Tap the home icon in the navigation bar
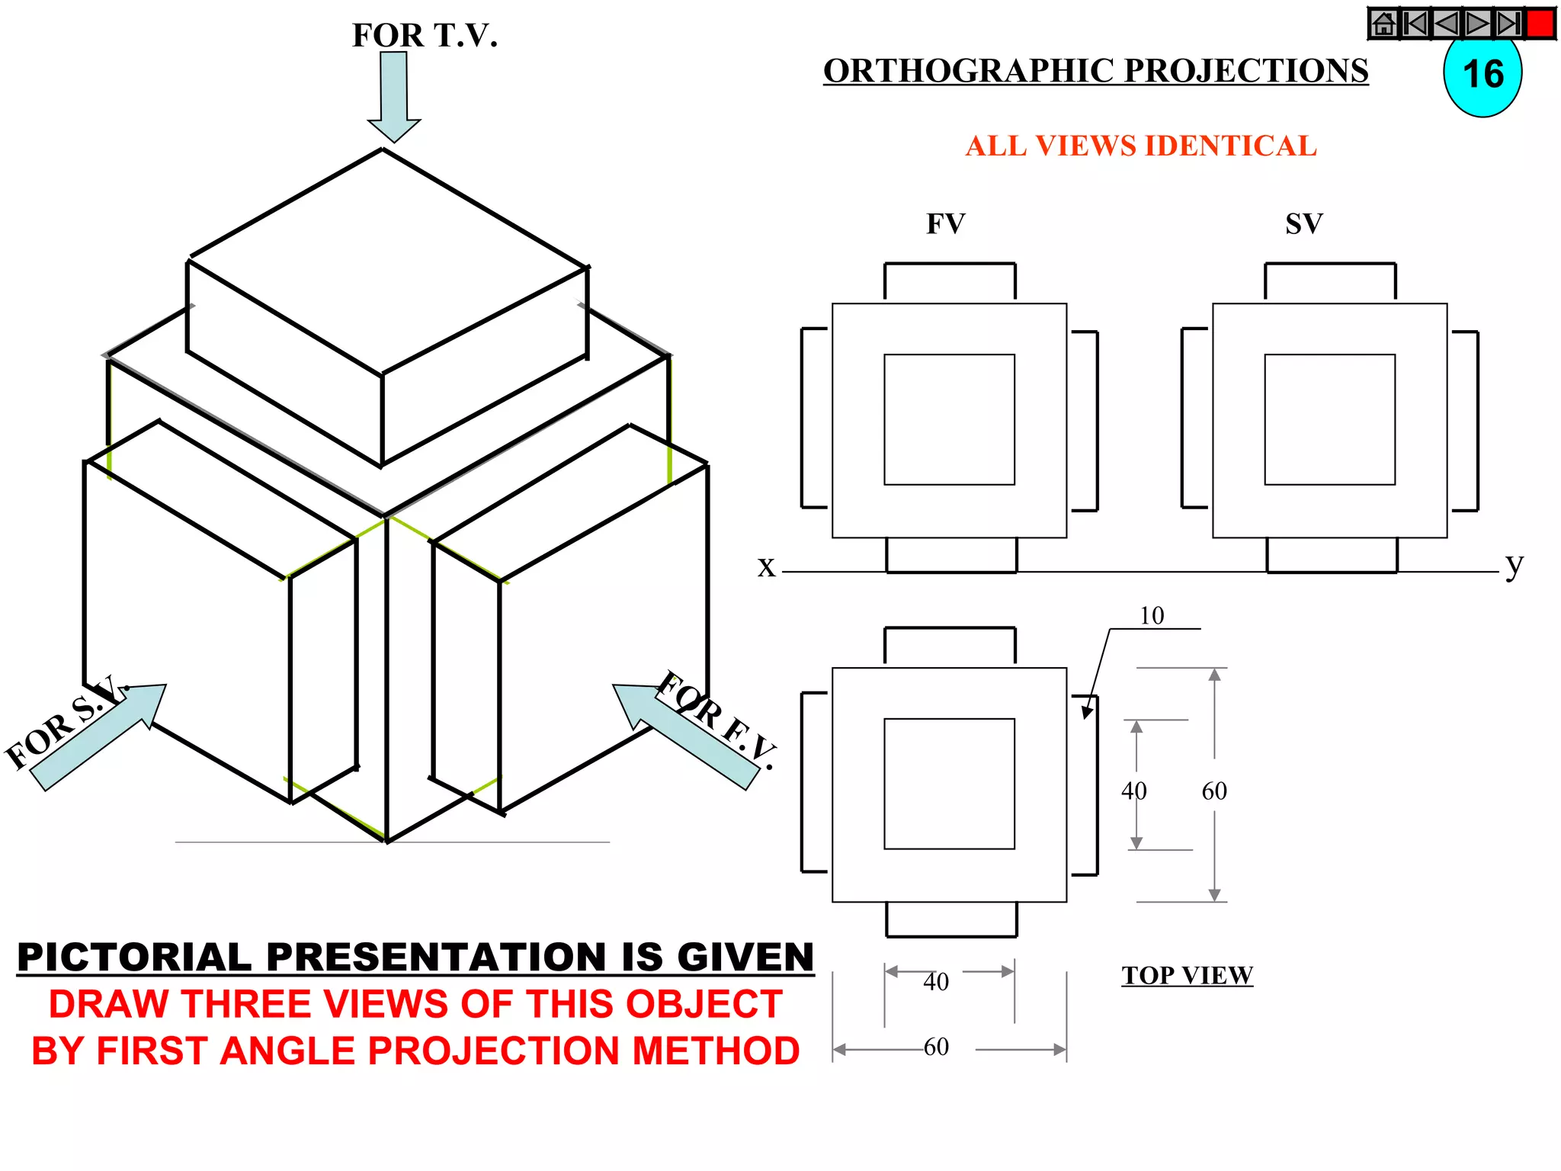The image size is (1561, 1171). coord(1383,24)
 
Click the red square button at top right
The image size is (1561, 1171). coord(1540,24)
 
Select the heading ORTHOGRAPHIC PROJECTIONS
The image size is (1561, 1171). coord(1095,71)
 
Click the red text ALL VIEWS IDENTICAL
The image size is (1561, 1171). coord(1140,146)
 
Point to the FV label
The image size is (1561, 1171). coord(945,224)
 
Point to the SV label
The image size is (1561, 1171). coord(1304,224)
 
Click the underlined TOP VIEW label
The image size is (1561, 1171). coord(1187,975)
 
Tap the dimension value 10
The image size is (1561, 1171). coord(1152,615)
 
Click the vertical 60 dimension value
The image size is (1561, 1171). coord(1214,791)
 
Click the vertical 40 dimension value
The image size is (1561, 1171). coord(1133,791)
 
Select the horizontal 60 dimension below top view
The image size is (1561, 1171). coord(936,1047)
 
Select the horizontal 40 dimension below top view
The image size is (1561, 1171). coord(936,981)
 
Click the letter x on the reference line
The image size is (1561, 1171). coord(766,566)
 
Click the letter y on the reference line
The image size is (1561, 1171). coord(1514,565)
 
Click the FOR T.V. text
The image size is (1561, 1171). coord(425,35)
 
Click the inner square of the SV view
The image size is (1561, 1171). coord(1329,419)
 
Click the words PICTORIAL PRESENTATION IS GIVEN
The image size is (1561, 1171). coord(415,958)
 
